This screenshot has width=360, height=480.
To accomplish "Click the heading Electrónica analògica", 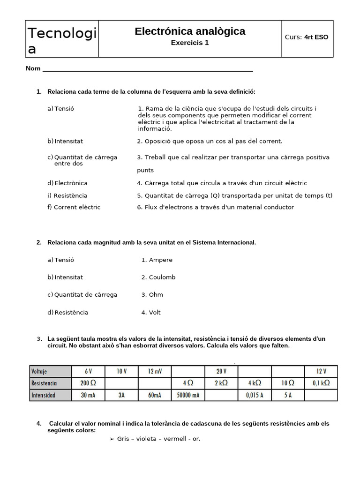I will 190,31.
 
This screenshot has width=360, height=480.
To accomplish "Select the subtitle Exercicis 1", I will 190,43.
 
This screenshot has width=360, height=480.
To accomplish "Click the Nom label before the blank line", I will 33,68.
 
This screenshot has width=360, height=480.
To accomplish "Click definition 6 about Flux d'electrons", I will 215,207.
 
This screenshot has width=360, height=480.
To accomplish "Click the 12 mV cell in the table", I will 155,371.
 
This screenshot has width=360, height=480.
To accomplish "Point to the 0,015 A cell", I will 255,395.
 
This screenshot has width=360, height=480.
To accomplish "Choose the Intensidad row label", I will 44,395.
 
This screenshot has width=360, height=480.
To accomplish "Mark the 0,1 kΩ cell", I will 321,382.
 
